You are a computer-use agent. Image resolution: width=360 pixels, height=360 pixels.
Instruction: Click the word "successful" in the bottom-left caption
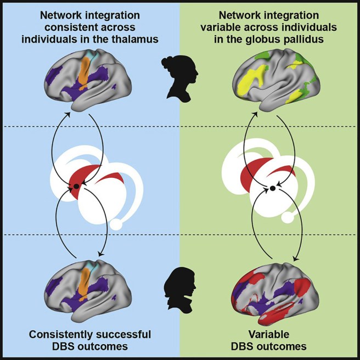pos(124,334)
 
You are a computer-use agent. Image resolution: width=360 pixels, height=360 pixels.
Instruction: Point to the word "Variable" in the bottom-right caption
pos(270,334)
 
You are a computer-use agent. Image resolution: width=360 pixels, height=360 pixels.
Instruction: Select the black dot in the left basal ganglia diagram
pos(76,187)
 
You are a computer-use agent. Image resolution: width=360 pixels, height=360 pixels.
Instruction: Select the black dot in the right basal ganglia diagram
pos(272,189)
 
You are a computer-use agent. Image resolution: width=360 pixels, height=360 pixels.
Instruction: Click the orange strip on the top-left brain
pos(85,71)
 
